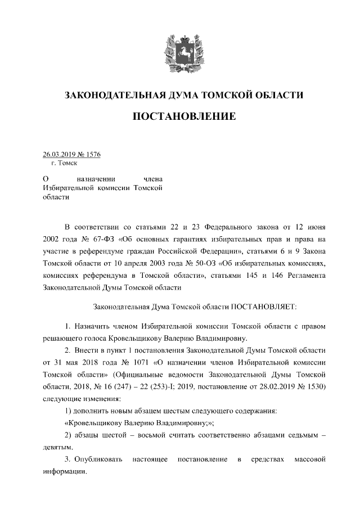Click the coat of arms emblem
point(179,49)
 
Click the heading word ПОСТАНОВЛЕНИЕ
point(179,117)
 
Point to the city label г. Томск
point(64,163)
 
